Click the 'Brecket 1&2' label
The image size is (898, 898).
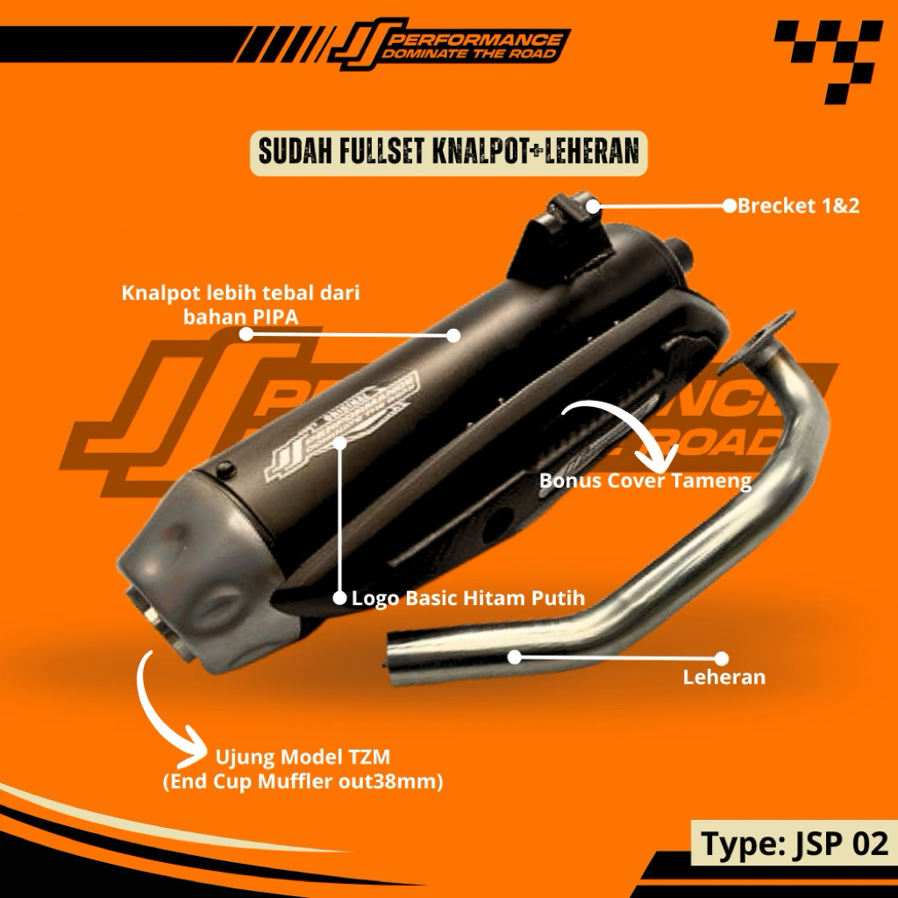[x=798, y=206]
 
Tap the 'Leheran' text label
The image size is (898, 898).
[x=723, y=677]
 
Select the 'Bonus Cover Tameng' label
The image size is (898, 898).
[x=645, y=481]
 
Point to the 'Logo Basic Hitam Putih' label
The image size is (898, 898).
[x=467, y=599]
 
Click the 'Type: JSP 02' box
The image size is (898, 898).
[x=795, y=844]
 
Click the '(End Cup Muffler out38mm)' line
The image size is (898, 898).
[x=303, y=781]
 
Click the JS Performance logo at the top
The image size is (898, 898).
[x=447, y=46]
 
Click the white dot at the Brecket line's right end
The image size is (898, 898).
[x=729, y=206]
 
